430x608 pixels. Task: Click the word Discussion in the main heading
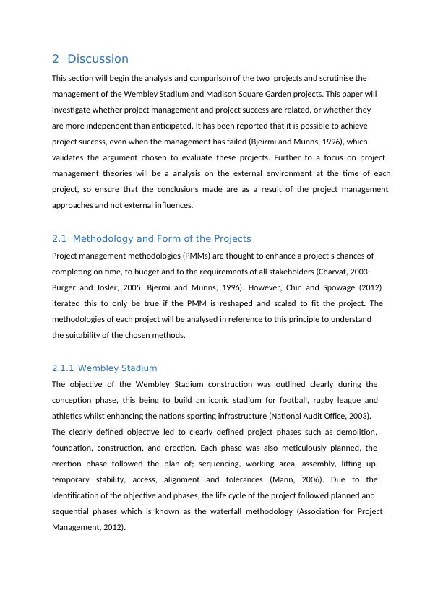(x=98, y=59)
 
